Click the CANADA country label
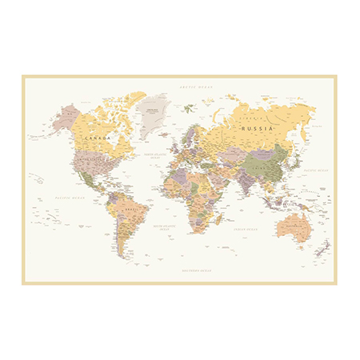pos(98,138)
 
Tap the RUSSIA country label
pos(258,127)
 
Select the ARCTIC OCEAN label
pos(195,87)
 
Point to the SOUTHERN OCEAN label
pos(196,270)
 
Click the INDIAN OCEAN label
pos(245,230)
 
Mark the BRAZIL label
pos(133,210)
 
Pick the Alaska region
pos(66,118)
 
